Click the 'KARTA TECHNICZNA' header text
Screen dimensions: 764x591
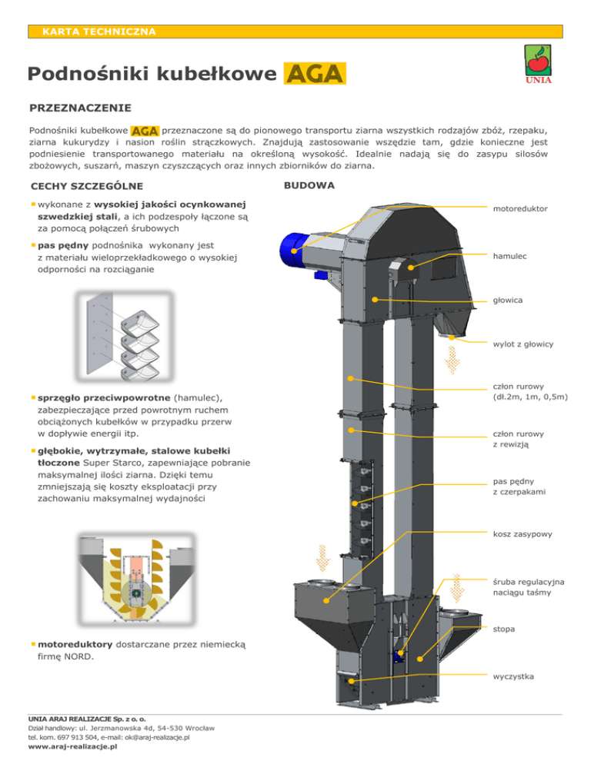(99, 32)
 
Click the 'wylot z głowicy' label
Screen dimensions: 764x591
(523, 344)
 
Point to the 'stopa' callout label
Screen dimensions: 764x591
(504, 629)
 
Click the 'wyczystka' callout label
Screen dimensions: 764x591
(513, 677)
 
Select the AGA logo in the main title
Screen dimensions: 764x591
(315, 75)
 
